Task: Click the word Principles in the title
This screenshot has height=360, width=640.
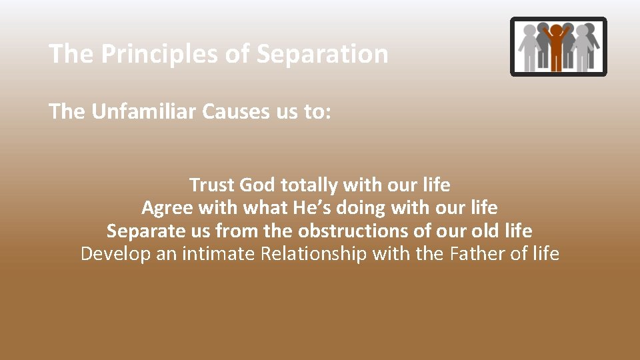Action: click(x=159, y=54)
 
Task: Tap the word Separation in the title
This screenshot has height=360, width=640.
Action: click(x=322, y=54)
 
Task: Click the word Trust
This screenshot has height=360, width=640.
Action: click(x=211, y=184)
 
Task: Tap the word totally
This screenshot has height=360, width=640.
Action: click(x=310, y=184)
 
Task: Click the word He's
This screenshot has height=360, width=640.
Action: click(x=310, y=207)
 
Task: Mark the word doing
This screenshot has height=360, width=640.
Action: click(x=361, y=207)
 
